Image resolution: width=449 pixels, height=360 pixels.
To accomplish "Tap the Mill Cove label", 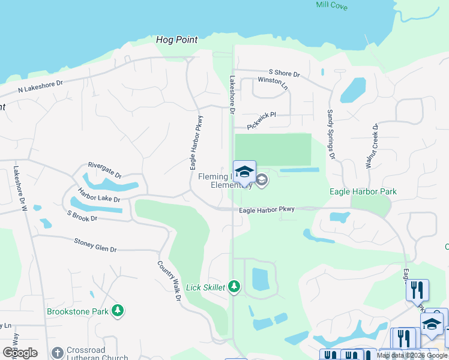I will [332, 5].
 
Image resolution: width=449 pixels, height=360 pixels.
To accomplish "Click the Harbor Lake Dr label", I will [99, 194].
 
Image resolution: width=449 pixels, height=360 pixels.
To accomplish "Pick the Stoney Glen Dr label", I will [95, 245].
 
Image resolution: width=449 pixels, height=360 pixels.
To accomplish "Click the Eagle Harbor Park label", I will [363, 192].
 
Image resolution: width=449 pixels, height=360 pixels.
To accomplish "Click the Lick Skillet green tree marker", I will [234, 287].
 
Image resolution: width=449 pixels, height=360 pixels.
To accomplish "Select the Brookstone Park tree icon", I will [119, 310].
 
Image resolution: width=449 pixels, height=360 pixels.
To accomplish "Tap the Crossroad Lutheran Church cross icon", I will [57, 353].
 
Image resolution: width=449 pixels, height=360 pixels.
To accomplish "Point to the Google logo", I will [20, 353].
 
